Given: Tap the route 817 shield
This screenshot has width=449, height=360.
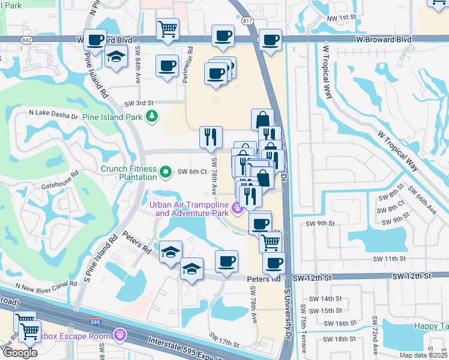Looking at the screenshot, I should click(x=249, y=20).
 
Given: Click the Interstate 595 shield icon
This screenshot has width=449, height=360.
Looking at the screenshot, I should click(x=94, y=321).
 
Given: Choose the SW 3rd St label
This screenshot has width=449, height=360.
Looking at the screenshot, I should click(x=139, y=103).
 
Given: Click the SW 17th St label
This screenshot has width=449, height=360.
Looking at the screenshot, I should click(x=224, y=339).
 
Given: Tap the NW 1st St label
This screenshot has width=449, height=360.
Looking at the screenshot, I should click(x=342, y=19).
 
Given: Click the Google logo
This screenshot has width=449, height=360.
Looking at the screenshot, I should click(x=20, y=353).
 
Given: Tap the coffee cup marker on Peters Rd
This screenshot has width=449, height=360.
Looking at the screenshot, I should click(x=226, y=262).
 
